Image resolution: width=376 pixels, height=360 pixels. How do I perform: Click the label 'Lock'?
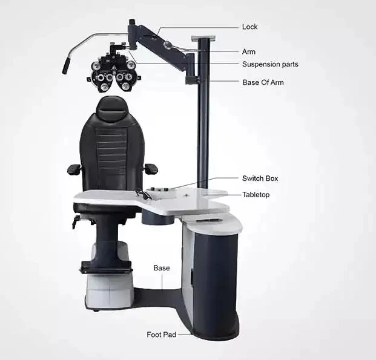pyautogui.click(x=249, y=27)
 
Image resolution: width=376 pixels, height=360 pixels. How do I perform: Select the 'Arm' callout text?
pyautogui.click(x=249, y=52)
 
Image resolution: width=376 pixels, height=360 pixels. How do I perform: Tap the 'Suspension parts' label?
pyautogui.click(x=270, y=64)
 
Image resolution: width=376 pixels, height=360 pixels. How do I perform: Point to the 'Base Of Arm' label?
pyautogui.click(x=263, y=82)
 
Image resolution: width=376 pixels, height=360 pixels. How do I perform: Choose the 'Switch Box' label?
pyautogui.click(x=260, y=178)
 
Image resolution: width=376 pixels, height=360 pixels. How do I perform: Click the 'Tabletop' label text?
pyautogui.click(x=257, y=194)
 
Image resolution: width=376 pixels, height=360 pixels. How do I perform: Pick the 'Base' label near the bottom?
pyautogui.click(x=162, y=267)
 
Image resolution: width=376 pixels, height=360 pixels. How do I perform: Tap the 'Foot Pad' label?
pyautogui.click(x=162, y=334)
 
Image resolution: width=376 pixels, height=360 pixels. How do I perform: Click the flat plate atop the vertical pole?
pyautogui.click(x=203, y=38)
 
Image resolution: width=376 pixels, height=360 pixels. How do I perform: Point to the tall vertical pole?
pyautogui.click(x=203, y=121)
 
